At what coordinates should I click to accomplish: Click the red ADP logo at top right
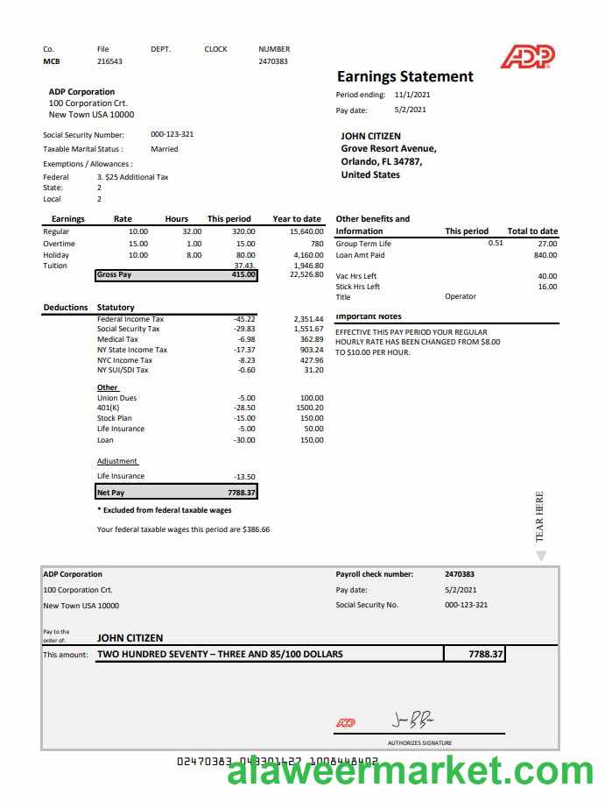(x=527, y=57)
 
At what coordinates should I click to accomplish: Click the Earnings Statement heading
(x=405, y=77)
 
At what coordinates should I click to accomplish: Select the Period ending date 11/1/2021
(x=412, y=95)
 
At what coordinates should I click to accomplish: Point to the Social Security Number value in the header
(x=172, y=135)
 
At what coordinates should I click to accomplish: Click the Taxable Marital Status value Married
(x=165, y=149)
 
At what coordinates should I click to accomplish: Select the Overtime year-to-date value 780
(x=317, y=244)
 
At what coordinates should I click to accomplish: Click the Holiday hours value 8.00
(x=193, y=255)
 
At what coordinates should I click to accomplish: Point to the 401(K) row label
(x=109, y=408)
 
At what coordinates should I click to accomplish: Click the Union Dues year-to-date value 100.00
(x=312, y=398)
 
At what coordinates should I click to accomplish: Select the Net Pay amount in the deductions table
(x=241, y=493)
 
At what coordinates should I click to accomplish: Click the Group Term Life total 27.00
(x=547, y=244)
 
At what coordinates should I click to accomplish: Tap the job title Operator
(x=461, y=297)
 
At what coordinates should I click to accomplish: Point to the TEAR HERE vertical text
(x=539, y=516)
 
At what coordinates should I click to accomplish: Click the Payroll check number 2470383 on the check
(x=460, y=575)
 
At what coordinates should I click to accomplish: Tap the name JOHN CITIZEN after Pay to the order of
(x=130, y=638)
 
